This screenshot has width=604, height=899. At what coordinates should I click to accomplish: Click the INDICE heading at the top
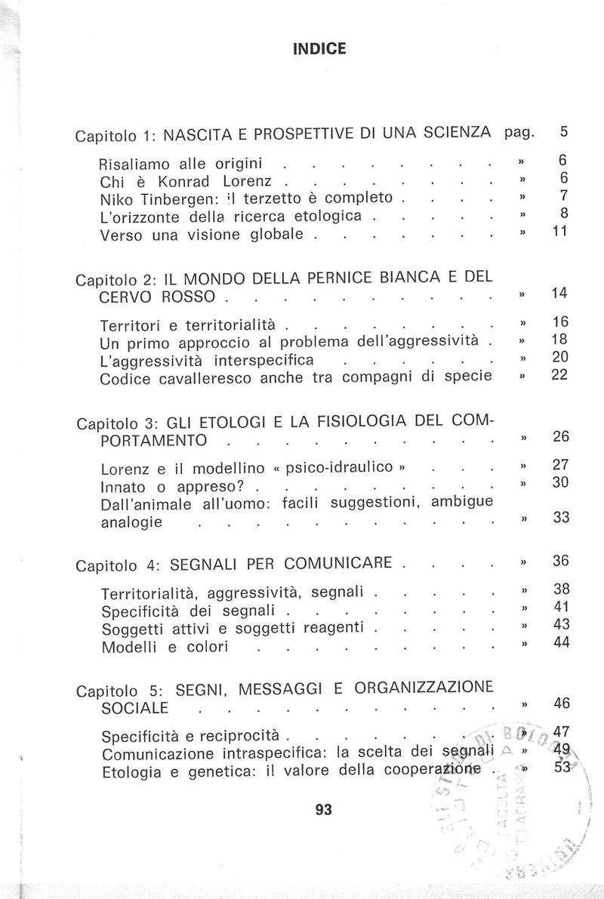[319, 49]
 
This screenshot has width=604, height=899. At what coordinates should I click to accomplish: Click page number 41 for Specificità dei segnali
[559, 608]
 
